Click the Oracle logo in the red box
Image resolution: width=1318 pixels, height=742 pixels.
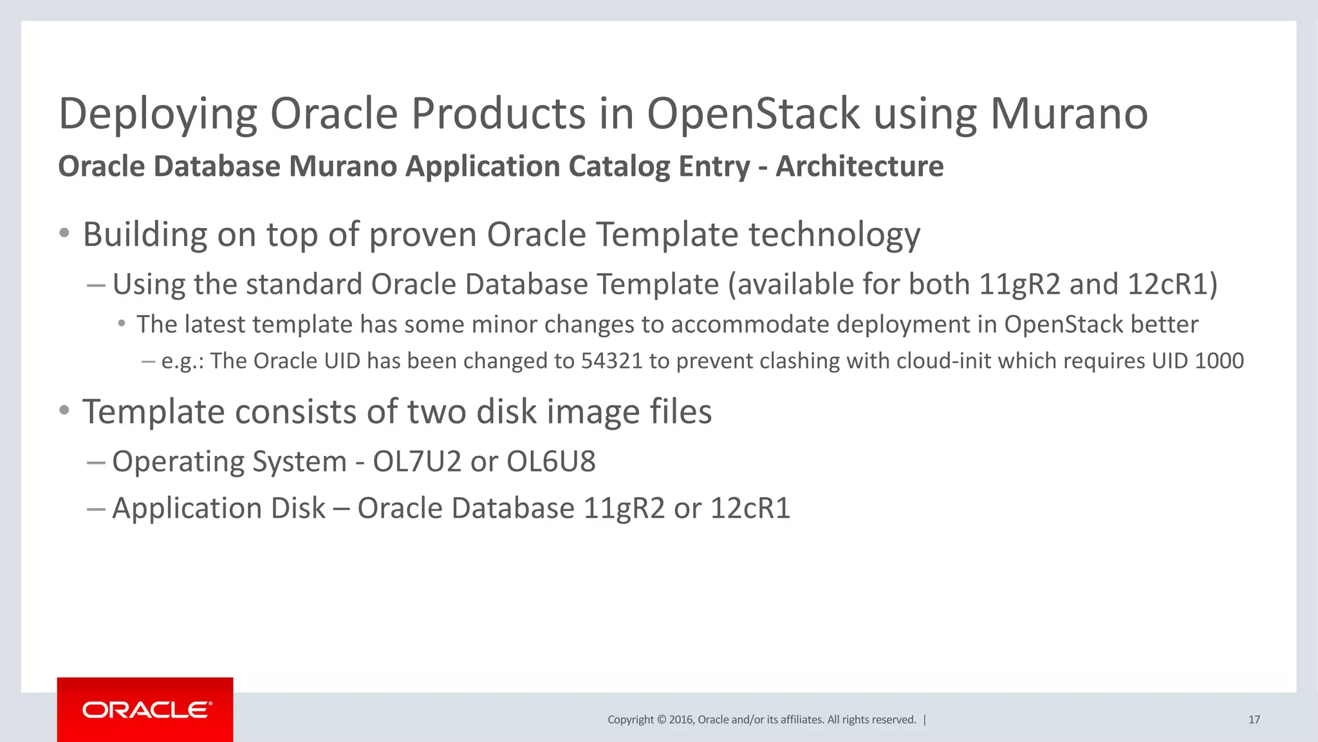tap(146, 710)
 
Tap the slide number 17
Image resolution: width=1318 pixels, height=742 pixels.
tap(1254, 719)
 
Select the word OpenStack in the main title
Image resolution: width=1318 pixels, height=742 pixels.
tap(753, 114)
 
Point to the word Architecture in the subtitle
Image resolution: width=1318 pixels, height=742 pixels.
tap(859, 166)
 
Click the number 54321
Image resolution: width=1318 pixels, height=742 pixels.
tap(611, 361)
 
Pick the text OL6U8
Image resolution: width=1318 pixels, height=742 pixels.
tap(551, 461)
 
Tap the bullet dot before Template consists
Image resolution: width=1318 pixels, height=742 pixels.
tap(64, 410)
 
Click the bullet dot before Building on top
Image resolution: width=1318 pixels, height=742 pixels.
tap(64, 233)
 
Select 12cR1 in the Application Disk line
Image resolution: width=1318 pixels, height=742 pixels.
tap(750, 508)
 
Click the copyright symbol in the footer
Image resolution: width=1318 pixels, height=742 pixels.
tap(661, 720)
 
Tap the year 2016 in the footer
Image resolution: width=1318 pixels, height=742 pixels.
tap(681, 720)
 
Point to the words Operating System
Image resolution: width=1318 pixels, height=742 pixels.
tap(229, 461)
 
